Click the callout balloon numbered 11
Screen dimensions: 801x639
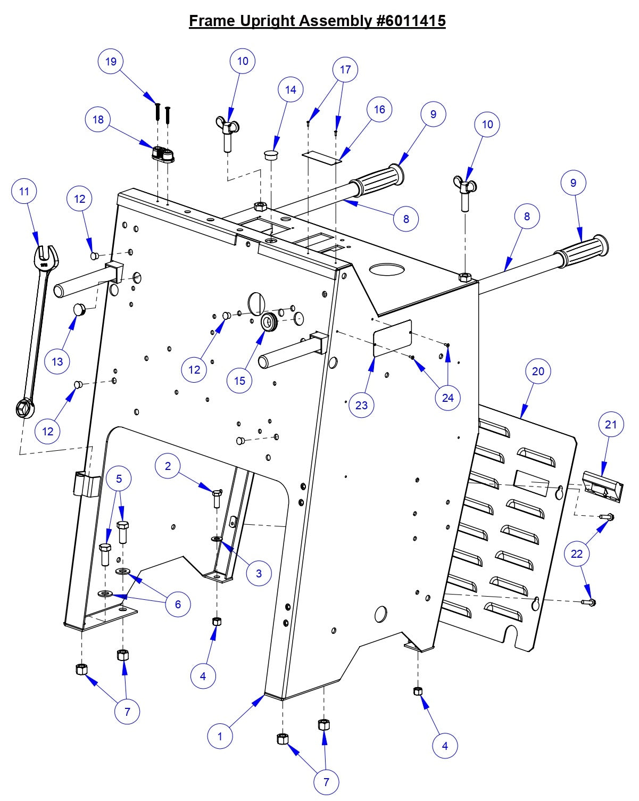coord(24,191)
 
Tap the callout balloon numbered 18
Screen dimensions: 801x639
coord(98,119)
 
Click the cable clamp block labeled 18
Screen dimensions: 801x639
coord(163,155)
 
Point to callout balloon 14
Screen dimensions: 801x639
coord(291,89)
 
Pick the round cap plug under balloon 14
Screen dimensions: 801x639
coord(272,155)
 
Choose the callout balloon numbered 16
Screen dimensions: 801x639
coord(379,109)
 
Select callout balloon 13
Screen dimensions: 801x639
coord(57,362)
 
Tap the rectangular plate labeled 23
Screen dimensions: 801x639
coord(393,336)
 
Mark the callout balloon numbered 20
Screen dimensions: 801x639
coord(538,371)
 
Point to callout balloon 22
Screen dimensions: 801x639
coord(577,554)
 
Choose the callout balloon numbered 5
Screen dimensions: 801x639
coord(119,478)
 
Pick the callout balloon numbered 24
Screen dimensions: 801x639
coord(447,398)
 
